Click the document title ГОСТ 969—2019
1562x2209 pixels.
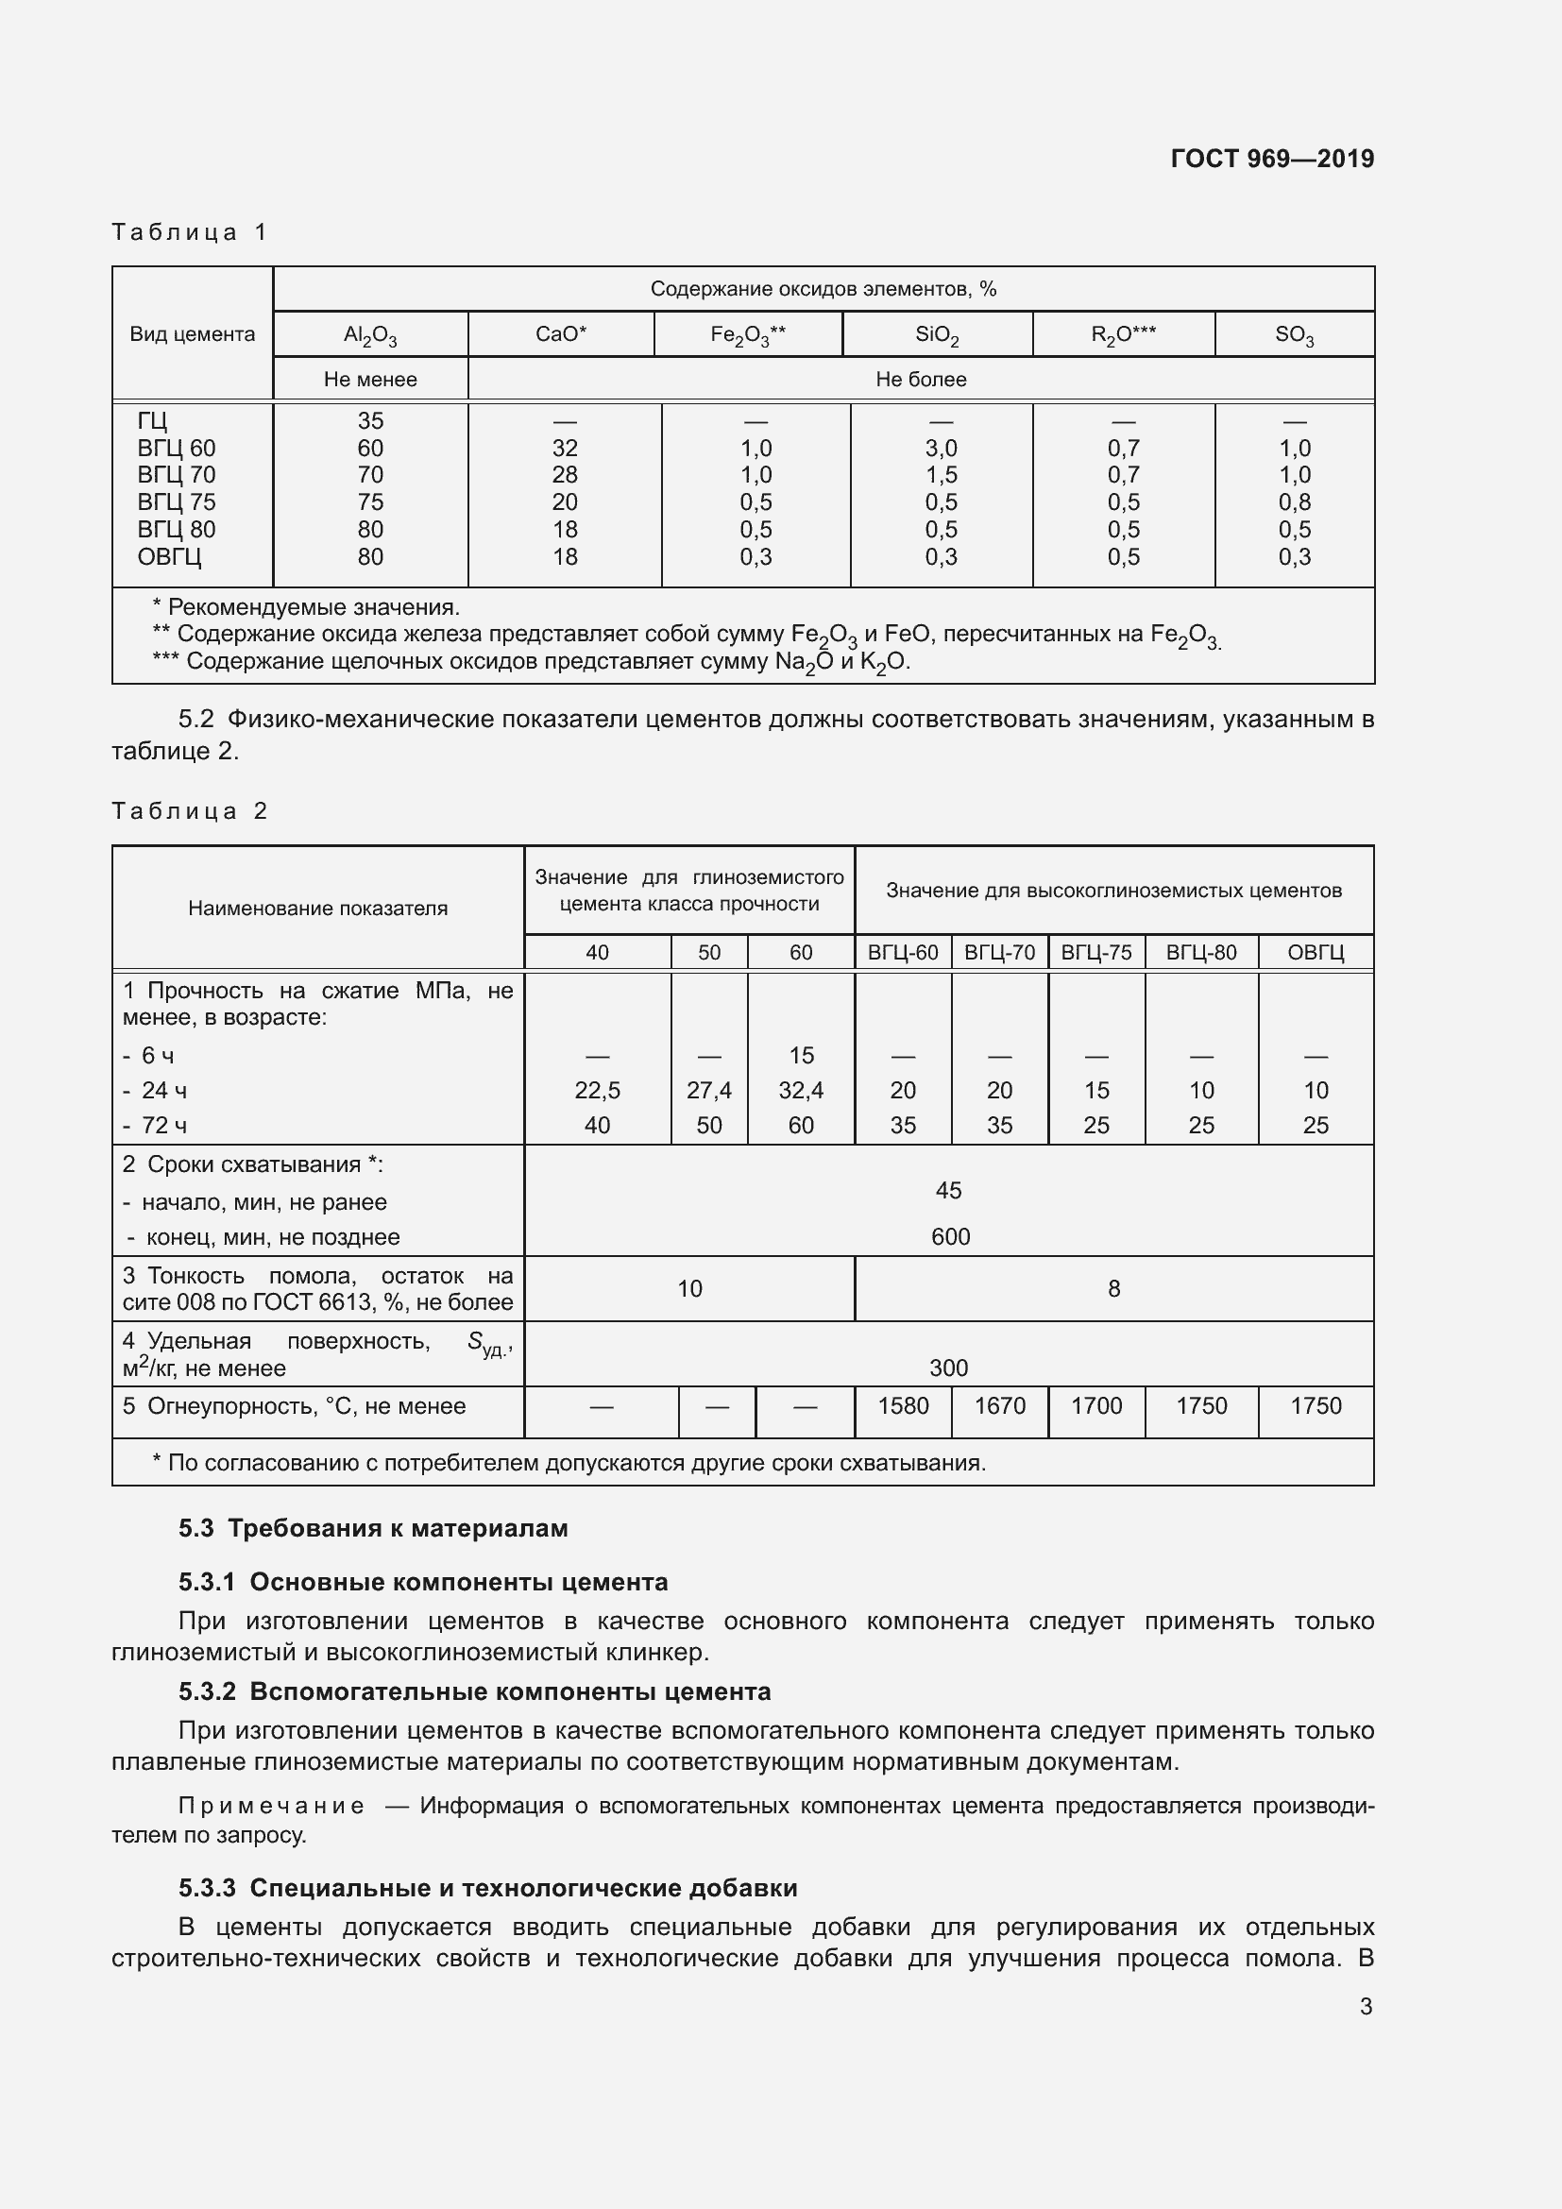1271,159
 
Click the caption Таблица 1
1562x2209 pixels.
190,232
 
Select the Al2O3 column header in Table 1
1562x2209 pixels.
370,335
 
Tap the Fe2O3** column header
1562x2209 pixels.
747,335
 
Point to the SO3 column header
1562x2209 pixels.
1294,335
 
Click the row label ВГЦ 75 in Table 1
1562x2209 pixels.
176,502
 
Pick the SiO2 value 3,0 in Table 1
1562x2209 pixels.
941,449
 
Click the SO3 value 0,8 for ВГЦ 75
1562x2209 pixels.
1294,502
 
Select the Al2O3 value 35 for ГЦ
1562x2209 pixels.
370,421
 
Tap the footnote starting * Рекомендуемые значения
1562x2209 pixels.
306,607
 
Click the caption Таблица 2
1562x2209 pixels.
190,811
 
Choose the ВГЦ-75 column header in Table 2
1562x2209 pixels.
1095,953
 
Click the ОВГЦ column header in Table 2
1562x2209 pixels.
1315,953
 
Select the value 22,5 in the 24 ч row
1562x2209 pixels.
597,1090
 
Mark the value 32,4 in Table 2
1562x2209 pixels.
800,1090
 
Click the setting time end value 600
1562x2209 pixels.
949,1237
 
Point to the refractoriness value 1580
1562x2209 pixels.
902,1405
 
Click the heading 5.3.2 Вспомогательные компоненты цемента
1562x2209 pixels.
474,1691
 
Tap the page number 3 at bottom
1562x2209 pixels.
1365,2006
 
